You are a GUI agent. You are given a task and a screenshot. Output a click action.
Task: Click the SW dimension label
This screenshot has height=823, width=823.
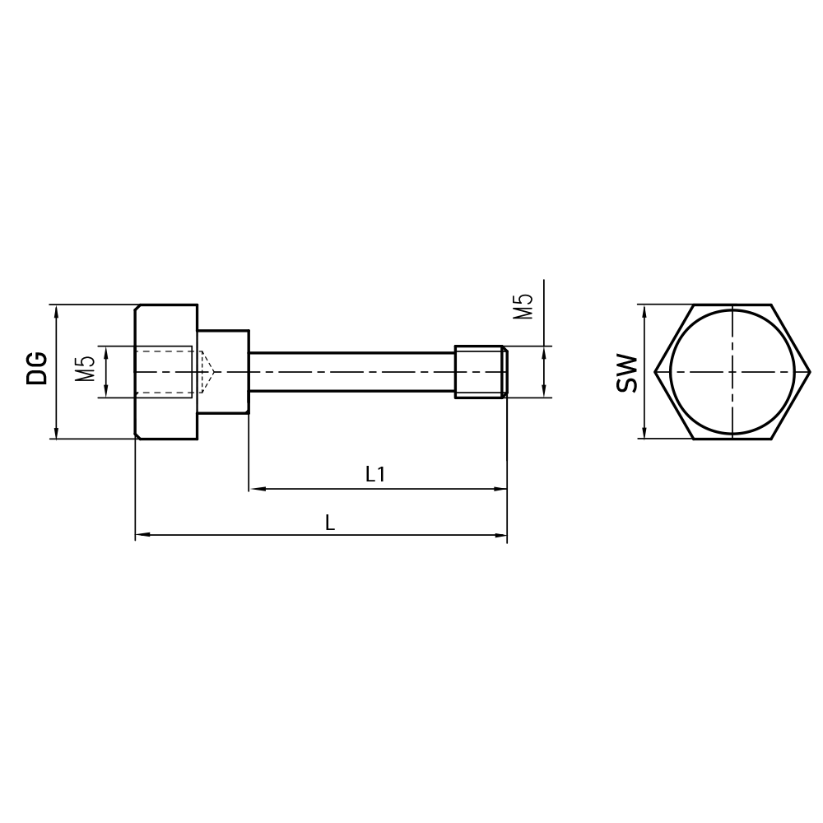pyautogui.click(x=627, y=373)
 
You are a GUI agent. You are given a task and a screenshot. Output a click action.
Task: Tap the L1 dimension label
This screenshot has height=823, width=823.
pyautogui.click(x=375, y=474)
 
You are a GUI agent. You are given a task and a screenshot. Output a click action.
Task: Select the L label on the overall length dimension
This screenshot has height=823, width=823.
pyautogui.click(x=330, y=523)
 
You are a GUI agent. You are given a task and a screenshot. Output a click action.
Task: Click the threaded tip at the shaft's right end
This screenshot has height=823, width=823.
pyautogui.click(x=481, y=372)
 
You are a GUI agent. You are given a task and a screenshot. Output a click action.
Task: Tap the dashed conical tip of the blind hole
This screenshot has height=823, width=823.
pyautogui.click(x=207, y=372)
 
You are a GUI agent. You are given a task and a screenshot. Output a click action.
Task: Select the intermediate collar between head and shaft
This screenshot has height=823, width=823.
pyautogui.click(x=223, y=372)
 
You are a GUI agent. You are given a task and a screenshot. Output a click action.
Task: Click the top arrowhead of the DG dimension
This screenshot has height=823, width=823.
pyautogui.click(x=56, y=310)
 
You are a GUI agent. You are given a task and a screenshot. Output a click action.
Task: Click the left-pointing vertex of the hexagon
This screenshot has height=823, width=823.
pyautogui.click(x=657, y=372)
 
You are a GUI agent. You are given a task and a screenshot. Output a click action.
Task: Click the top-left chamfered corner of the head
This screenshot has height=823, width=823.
pyautogui.click(x=137, y=308)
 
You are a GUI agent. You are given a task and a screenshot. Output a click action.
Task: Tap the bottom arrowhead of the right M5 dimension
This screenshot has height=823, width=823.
pyautogui.click(x=543, y=392)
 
